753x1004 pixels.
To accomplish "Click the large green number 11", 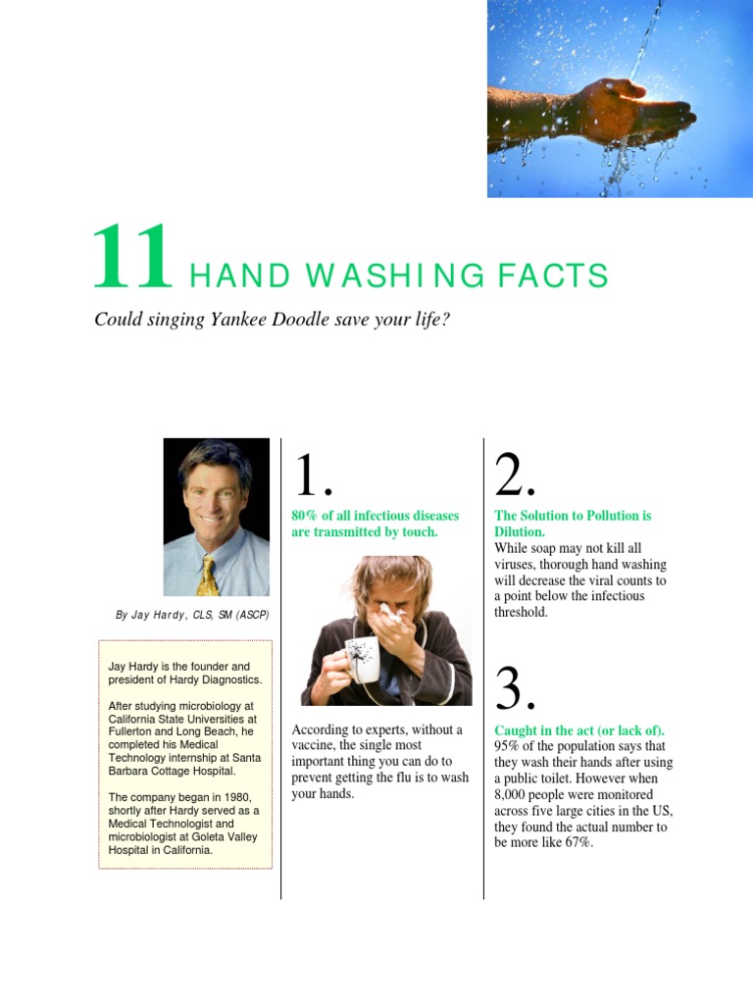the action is (x=132, y=256).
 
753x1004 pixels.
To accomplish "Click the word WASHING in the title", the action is (x=395, y=276).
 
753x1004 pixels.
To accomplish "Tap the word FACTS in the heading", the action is (x=553, y=276).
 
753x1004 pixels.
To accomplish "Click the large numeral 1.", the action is (x=313, y=476).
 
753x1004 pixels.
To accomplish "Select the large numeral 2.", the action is (x=514, y=476).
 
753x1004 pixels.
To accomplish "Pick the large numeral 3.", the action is (x=514, y=689).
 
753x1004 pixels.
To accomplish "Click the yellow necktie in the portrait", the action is (x=208, y=577).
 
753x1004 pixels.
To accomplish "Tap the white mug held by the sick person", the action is (x=362, y=659).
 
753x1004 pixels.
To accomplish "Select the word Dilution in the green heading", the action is (x=518, y=531).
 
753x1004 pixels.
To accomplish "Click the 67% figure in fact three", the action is (x=578, y=842).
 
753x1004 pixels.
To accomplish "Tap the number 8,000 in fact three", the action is (x=510, y=794).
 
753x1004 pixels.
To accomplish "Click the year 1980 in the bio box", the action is (x=237, y=797).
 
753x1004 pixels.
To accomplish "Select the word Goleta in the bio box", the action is (x=208, y=837).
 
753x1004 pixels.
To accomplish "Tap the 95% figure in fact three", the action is (x=507, y=746).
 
